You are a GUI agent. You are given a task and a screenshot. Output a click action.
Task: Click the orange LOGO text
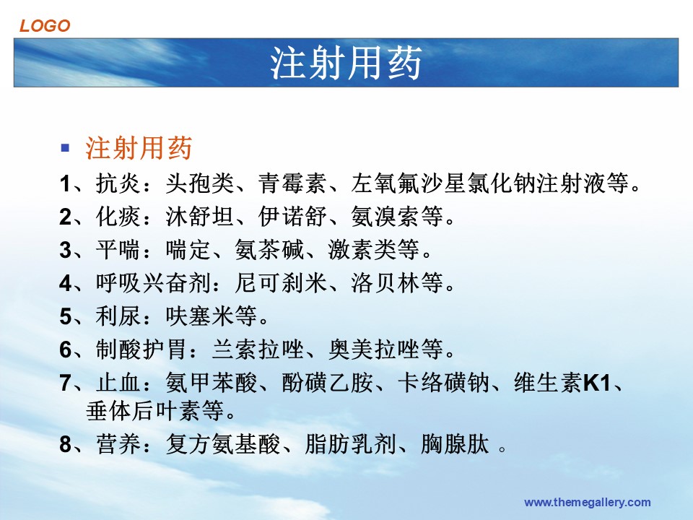pyautogui.click(x=45, y=26)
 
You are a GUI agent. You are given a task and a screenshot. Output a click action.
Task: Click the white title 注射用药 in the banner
pyautogui.click(x=346, y=63)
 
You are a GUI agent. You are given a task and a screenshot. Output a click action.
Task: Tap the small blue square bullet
pyautogui.click(x=65, y=147)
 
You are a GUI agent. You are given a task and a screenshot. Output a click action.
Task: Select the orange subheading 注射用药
pyautogui.click(x=139, y=147)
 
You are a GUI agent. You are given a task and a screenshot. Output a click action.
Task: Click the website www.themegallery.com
pyautogui.click(x=587, y=503)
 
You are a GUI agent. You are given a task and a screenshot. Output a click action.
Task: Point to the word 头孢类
pyautogui.click(x=200, y=183)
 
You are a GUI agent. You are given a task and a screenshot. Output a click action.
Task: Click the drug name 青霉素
pyautogui.click(x=292, y=183)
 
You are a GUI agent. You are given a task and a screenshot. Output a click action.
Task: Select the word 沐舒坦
pyautogui.click(x=200, y=216)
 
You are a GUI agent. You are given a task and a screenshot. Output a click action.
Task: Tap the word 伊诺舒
pyautogui.click(x=292, y=216)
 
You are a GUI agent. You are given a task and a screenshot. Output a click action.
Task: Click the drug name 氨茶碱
pyautogui.click(x=269, y=249)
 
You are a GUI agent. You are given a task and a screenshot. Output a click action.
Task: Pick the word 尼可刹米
pyautogui.click(x=281, y=282)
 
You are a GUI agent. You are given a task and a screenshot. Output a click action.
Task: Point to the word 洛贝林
pyautogui.click(x=385, y=282)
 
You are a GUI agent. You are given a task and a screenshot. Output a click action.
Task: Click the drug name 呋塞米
pyautogui.click(x=200, y=316)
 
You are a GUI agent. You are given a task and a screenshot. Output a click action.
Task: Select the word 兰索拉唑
pyautogui.click(x=258, y=349)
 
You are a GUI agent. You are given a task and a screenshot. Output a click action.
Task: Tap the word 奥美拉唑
pyautogui.click(x=374, y=349)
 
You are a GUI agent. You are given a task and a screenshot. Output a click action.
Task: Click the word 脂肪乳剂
pyautogui.click(x=351, y=444)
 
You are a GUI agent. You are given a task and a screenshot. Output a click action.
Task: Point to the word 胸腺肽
pyautogui.click(x=455, y=444)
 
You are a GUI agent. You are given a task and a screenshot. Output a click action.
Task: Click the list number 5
pyautogui.click(x=66, y=316)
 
